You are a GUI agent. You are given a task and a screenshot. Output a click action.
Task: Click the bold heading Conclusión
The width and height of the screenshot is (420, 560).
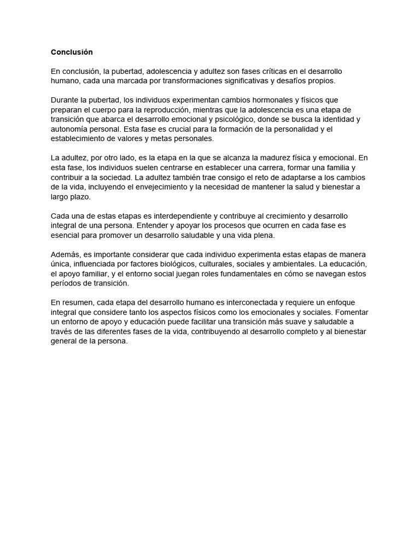(x=72, y=52)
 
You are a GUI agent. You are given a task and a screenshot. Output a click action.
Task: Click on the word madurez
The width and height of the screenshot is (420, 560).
(x=264, y=158)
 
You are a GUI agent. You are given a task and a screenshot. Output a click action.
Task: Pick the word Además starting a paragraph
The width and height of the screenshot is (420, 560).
(x=65, y=255)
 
